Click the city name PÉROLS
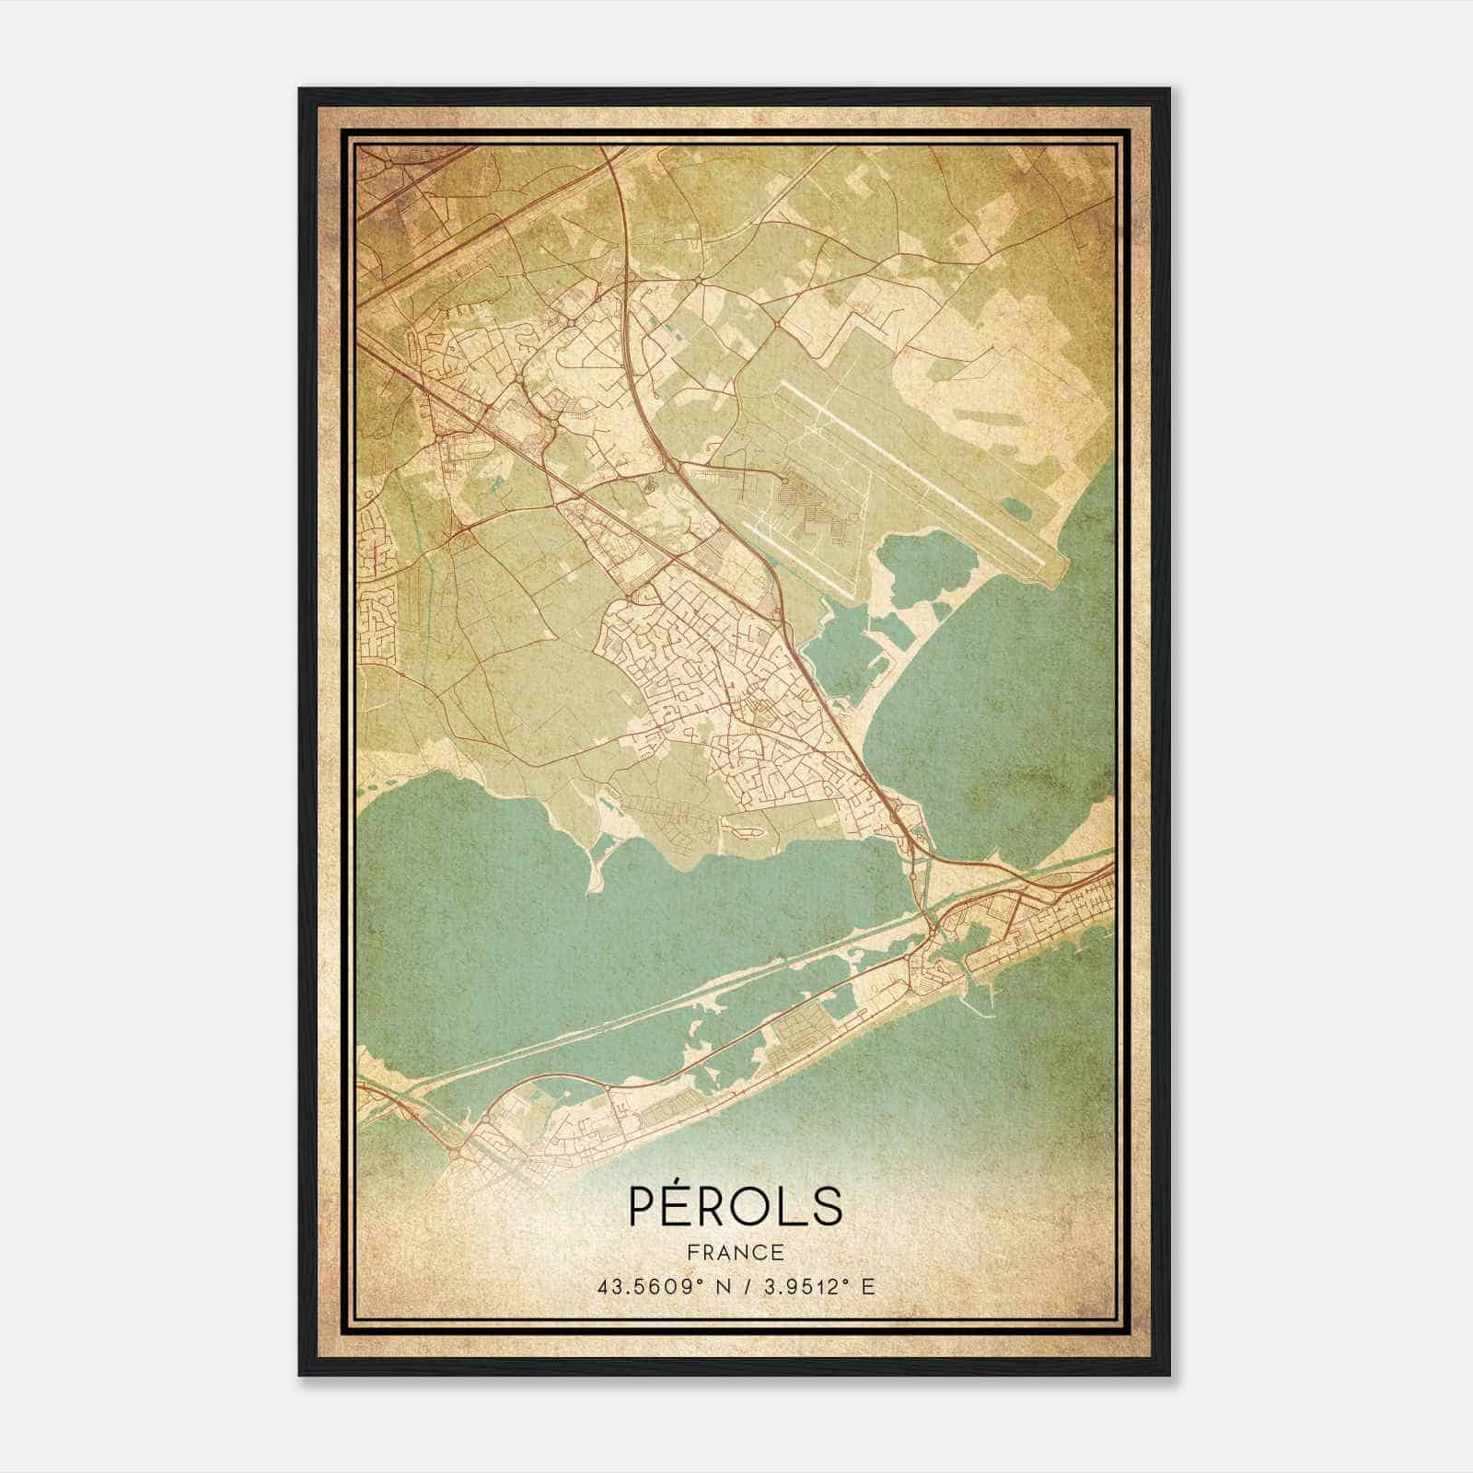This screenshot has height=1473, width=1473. click(x=735, y=1205)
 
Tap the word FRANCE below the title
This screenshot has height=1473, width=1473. click(x=735, y=1252)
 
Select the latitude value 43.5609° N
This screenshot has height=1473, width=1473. click(x=655, y=1287)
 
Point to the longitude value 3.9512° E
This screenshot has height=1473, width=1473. click(x=815, y=1287)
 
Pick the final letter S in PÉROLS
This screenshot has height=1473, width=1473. click(x=826, y=1205)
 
